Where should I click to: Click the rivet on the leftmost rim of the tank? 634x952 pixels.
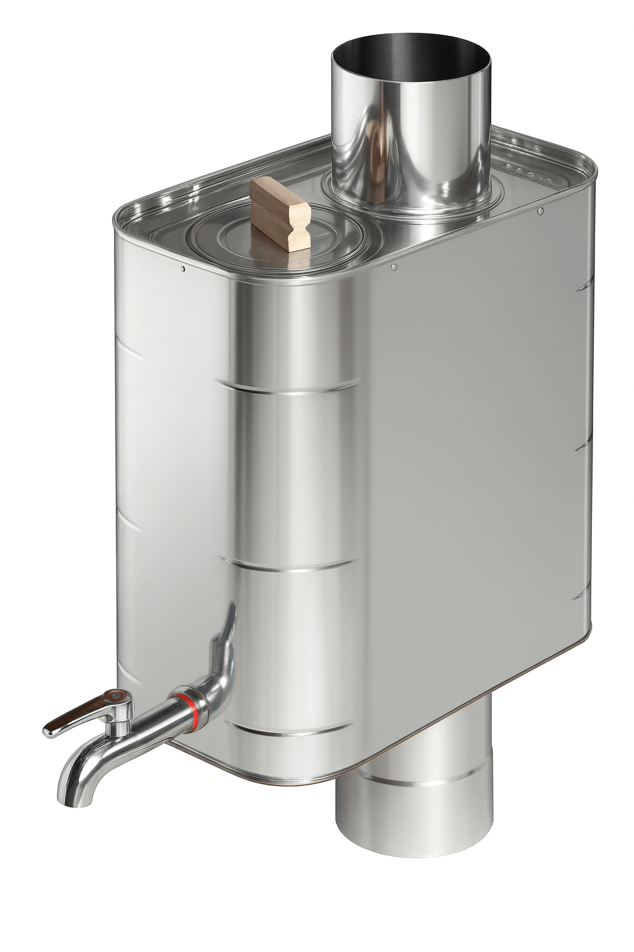coord(183,269)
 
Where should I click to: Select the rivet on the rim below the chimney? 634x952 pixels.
coord(394,267)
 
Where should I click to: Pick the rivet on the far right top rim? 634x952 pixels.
coord(541,211)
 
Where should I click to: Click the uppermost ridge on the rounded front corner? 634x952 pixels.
coord(291,389)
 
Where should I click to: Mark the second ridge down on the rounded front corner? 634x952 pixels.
coord(291,565)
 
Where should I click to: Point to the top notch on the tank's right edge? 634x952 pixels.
coord(583,286)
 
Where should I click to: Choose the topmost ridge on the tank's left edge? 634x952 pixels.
coord(127,354)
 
